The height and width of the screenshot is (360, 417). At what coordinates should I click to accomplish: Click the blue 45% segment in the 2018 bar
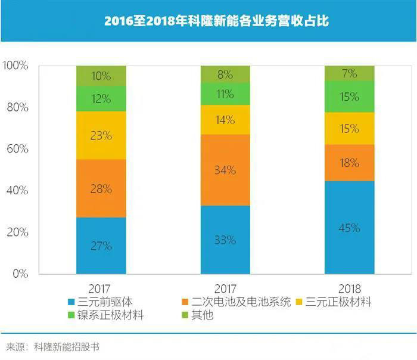point(350,228)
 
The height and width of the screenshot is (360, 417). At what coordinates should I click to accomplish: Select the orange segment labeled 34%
point(225,170)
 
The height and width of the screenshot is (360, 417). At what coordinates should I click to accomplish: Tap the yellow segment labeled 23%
point(101,135)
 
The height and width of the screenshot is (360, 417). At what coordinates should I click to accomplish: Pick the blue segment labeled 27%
point(101,246)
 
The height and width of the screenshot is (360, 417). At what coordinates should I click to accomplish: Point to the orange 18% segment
point(350,163)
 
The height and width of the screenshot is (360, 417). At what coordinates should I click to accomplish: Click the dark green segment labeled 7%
point(350,74)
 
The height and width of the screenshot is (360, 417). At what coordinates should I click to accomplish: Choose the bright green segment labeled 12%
point(101,98)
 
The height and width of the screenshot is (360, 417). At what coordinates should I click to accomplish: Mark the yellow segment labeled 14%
point(225,119)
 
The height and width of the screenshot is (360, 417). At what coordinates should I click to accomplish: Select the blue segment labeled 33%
point(225,240)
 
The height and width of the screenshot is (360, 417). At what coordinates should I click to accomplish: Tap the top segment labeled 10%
point(101,76)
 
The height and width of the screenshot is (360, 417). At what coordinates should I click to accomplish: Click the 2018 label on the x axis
point(350,287)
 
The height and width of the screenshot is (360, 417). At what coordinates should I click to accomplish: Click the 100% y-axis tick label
point(15,66)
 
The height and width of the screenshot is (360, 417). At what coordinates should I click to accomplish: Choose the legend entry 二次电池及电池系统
point(235,302)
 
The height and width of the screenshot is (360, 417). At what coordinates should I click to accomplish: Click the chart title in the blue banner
point(208,21)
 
